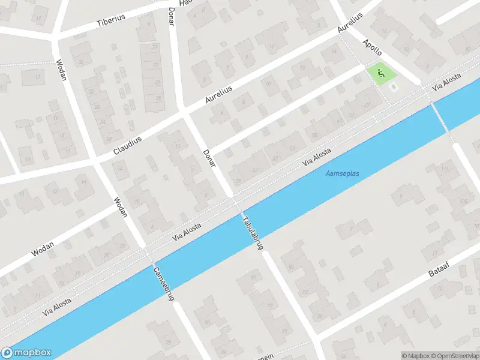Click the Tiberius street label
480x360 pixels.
pyautogui.click(x=111, y=20)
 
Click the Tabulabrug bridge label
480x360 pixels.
pyautogui.click(x=252, y=233)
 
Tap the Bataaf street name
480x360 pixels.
pyautogui.click(x=443, y=268)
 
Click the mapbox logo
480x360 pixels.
pyautogui.click(x=26, y=353)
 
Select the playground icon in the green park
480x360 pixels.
pyautogui.click(x=380, y=74)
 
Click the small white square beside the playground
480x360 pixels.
pyautogui.click(x=394, y=88)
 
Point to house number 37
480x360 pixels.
pyautogui.click(x=155, y=47)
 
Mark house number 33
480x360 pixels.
pyautogui.click(x=156, y=64)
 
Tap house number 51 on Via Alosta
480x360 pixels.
pyautogui.click(x=292, y=148)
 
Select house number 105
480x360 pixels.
pyautogui.click(x=463, y=200)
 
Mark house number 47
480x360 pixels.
pyautogui.click(x=275, y=158)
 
